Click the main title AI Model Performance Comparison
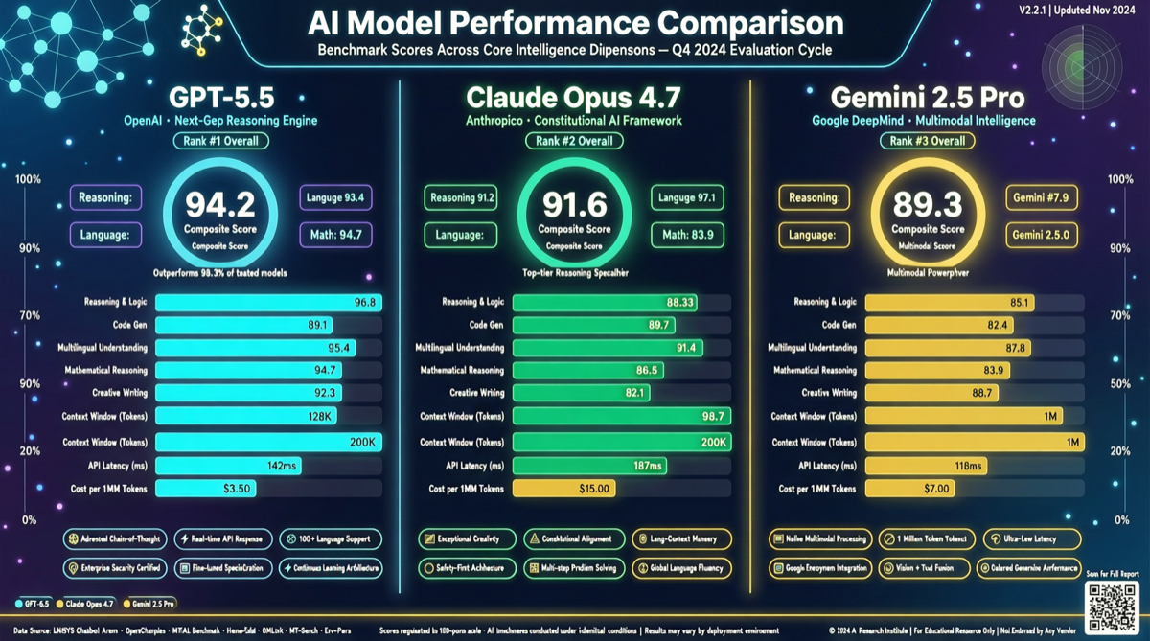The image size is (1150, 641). pyautogui.click(x=575, y=22)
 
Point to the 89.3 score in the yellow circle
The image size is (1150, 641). pyautogui.click(x=927, y=204)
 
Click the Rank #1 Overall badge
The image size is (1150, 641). pyautogui.click(x=220, y=141)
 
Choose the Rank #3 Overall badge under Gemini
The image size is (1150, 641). pyautogui.click(x=927, y=141)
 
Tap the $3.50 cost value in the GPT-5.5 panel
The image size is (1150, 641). pyautogui.click(x=237, y=489)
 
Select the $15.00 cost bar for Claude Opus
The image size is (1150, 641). pyautogui.click(x=563, y=489)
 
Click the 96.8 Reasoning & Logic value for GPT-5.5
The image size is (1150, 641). pyautogui.click(x=365, y=302)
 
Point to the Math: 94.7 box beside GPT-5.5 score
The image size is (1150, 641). pyautogui.click(x=335, y=234)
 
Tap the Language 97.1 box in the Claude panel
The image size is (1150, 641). pyautogui.click(x=688, y=198)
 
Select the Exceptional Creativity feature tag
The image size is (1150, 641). pyautogui.click(x=467, y=539)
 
